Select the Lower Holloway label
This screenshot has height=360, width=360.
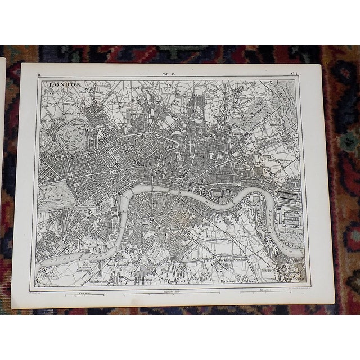click(141, 88)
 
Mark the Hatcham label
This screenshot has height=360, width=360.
click(230, 280)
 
